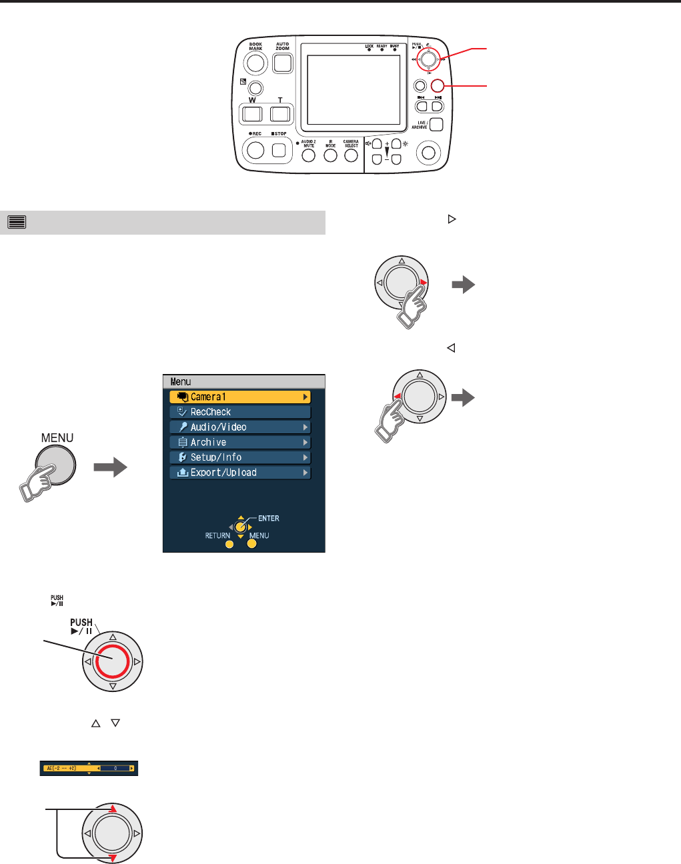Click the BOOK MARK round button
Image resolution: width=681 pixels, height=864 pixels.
(255, 63)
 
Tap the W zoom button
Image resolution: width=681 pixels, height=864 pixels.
(252, 113)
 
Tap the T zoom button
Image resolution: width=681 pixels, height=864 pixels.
(281, 113)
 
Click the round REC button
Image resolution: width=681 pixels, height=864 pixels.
(255, 150)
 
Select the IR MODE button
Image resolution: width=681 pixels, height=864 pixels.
(330, 155)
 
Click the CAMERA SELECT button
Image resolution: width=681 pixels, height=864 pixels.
(352, 155)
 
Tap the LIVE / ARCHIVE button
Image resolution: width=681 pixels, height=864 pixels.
(436, 124)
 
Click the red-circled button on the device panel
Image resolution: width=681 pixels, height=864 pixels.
(438, 85)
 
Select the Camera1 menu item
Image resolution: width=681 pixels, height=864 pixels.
(240, 397)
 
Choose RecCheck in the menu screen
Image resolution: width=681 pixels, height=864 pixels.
(240, 412)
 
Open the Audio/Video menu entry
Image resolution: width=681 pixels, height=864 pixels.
(240, 427)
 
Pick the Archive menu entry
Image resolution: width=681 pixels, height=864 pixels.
(240, 443)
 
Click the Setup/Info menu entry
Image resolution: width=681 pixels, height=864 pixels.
(240, 457)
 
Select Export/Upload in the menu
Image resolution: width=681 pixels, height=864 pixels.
(240, 473)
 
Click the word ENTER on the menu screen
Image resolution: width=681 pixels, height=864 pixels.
(269, 518)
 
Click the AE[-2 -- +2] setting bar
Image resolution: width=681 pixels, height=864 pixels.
(89, 769)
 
